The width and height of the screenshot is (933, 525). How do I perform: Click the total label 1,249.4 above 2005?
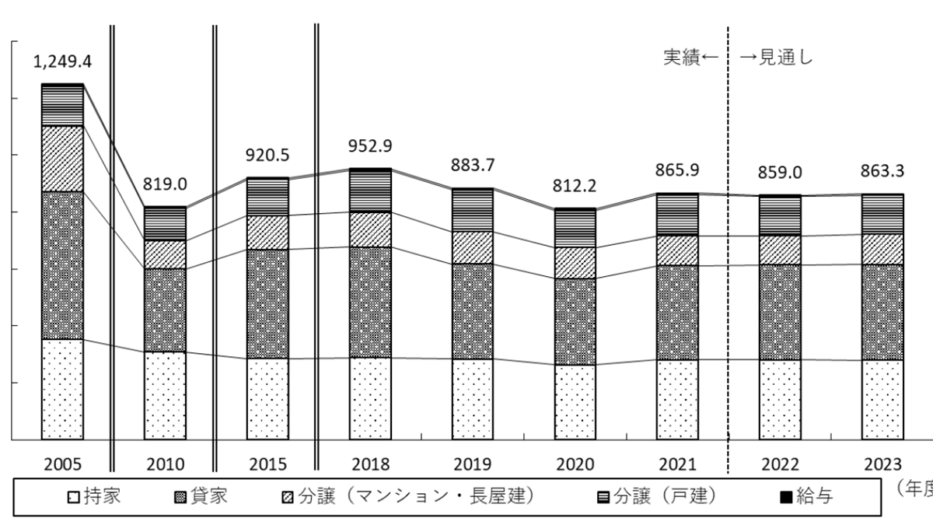[62, 61]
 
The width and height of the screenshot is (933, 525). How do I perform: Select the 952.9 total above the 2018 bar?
[370, 147]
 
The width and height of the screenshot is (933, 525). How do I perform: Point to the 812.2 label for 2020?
[575, 187]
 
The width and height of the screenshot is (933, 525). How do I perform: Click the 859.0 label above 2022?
[780, 173]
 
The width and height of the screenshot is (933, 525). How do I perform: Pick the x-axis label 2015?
[267, 464]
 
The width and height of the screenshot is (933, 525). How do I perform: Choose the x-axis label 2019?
[473, 464]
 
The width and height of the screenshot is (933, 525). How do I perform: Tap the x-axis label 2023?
[882, 464]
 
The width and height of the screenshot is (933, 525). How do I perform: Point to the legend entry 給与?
[805, 495]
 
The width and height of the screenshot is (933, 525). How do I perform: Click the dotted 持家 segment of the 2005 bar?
[62, 389]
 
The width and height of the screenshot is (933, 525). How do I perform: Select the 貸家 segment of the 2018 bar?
[370, 302]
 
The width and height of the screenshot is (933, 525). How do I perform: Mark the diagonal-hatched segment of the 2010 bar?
[165, 254]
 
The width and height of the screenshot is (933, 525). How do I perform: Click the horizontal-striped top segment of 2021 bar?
[677, 215]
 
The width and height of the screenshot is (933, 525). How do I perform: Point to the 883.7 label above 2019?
[473, 166]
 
